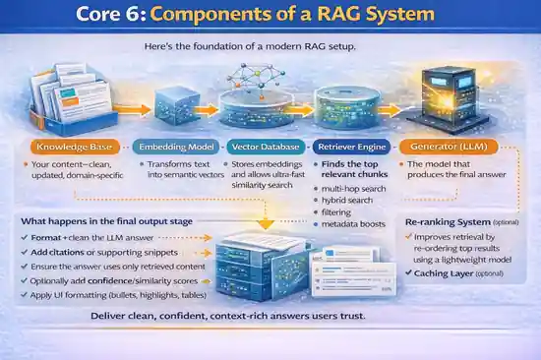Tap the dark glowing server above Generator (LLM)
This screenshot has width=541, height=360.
coord(448,93)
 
